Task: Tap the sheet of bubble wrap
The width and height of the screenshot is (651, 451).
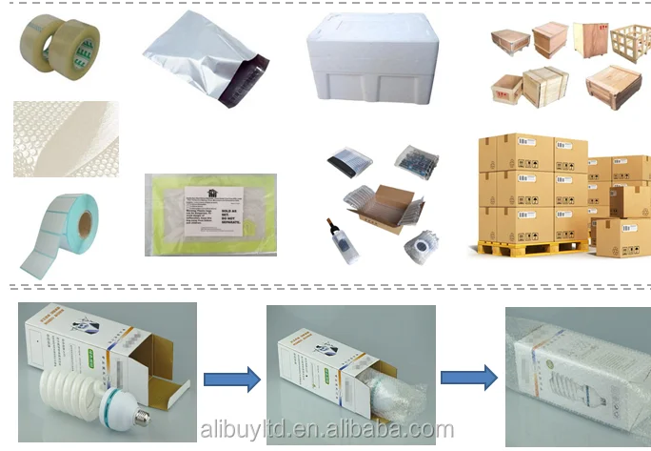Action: pos(65,138)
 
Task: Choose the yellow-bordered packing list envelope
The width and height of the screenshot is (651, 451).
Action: pos(210,214)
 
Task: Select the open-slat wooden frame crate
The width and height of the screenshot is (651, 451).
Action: pos(628,44)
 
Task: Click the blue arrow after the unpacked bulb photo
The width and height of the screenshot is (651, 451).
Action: pos(231,379)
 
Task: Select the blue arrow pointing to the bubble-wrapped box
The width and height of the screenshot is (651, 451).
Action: pos(468,377)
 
